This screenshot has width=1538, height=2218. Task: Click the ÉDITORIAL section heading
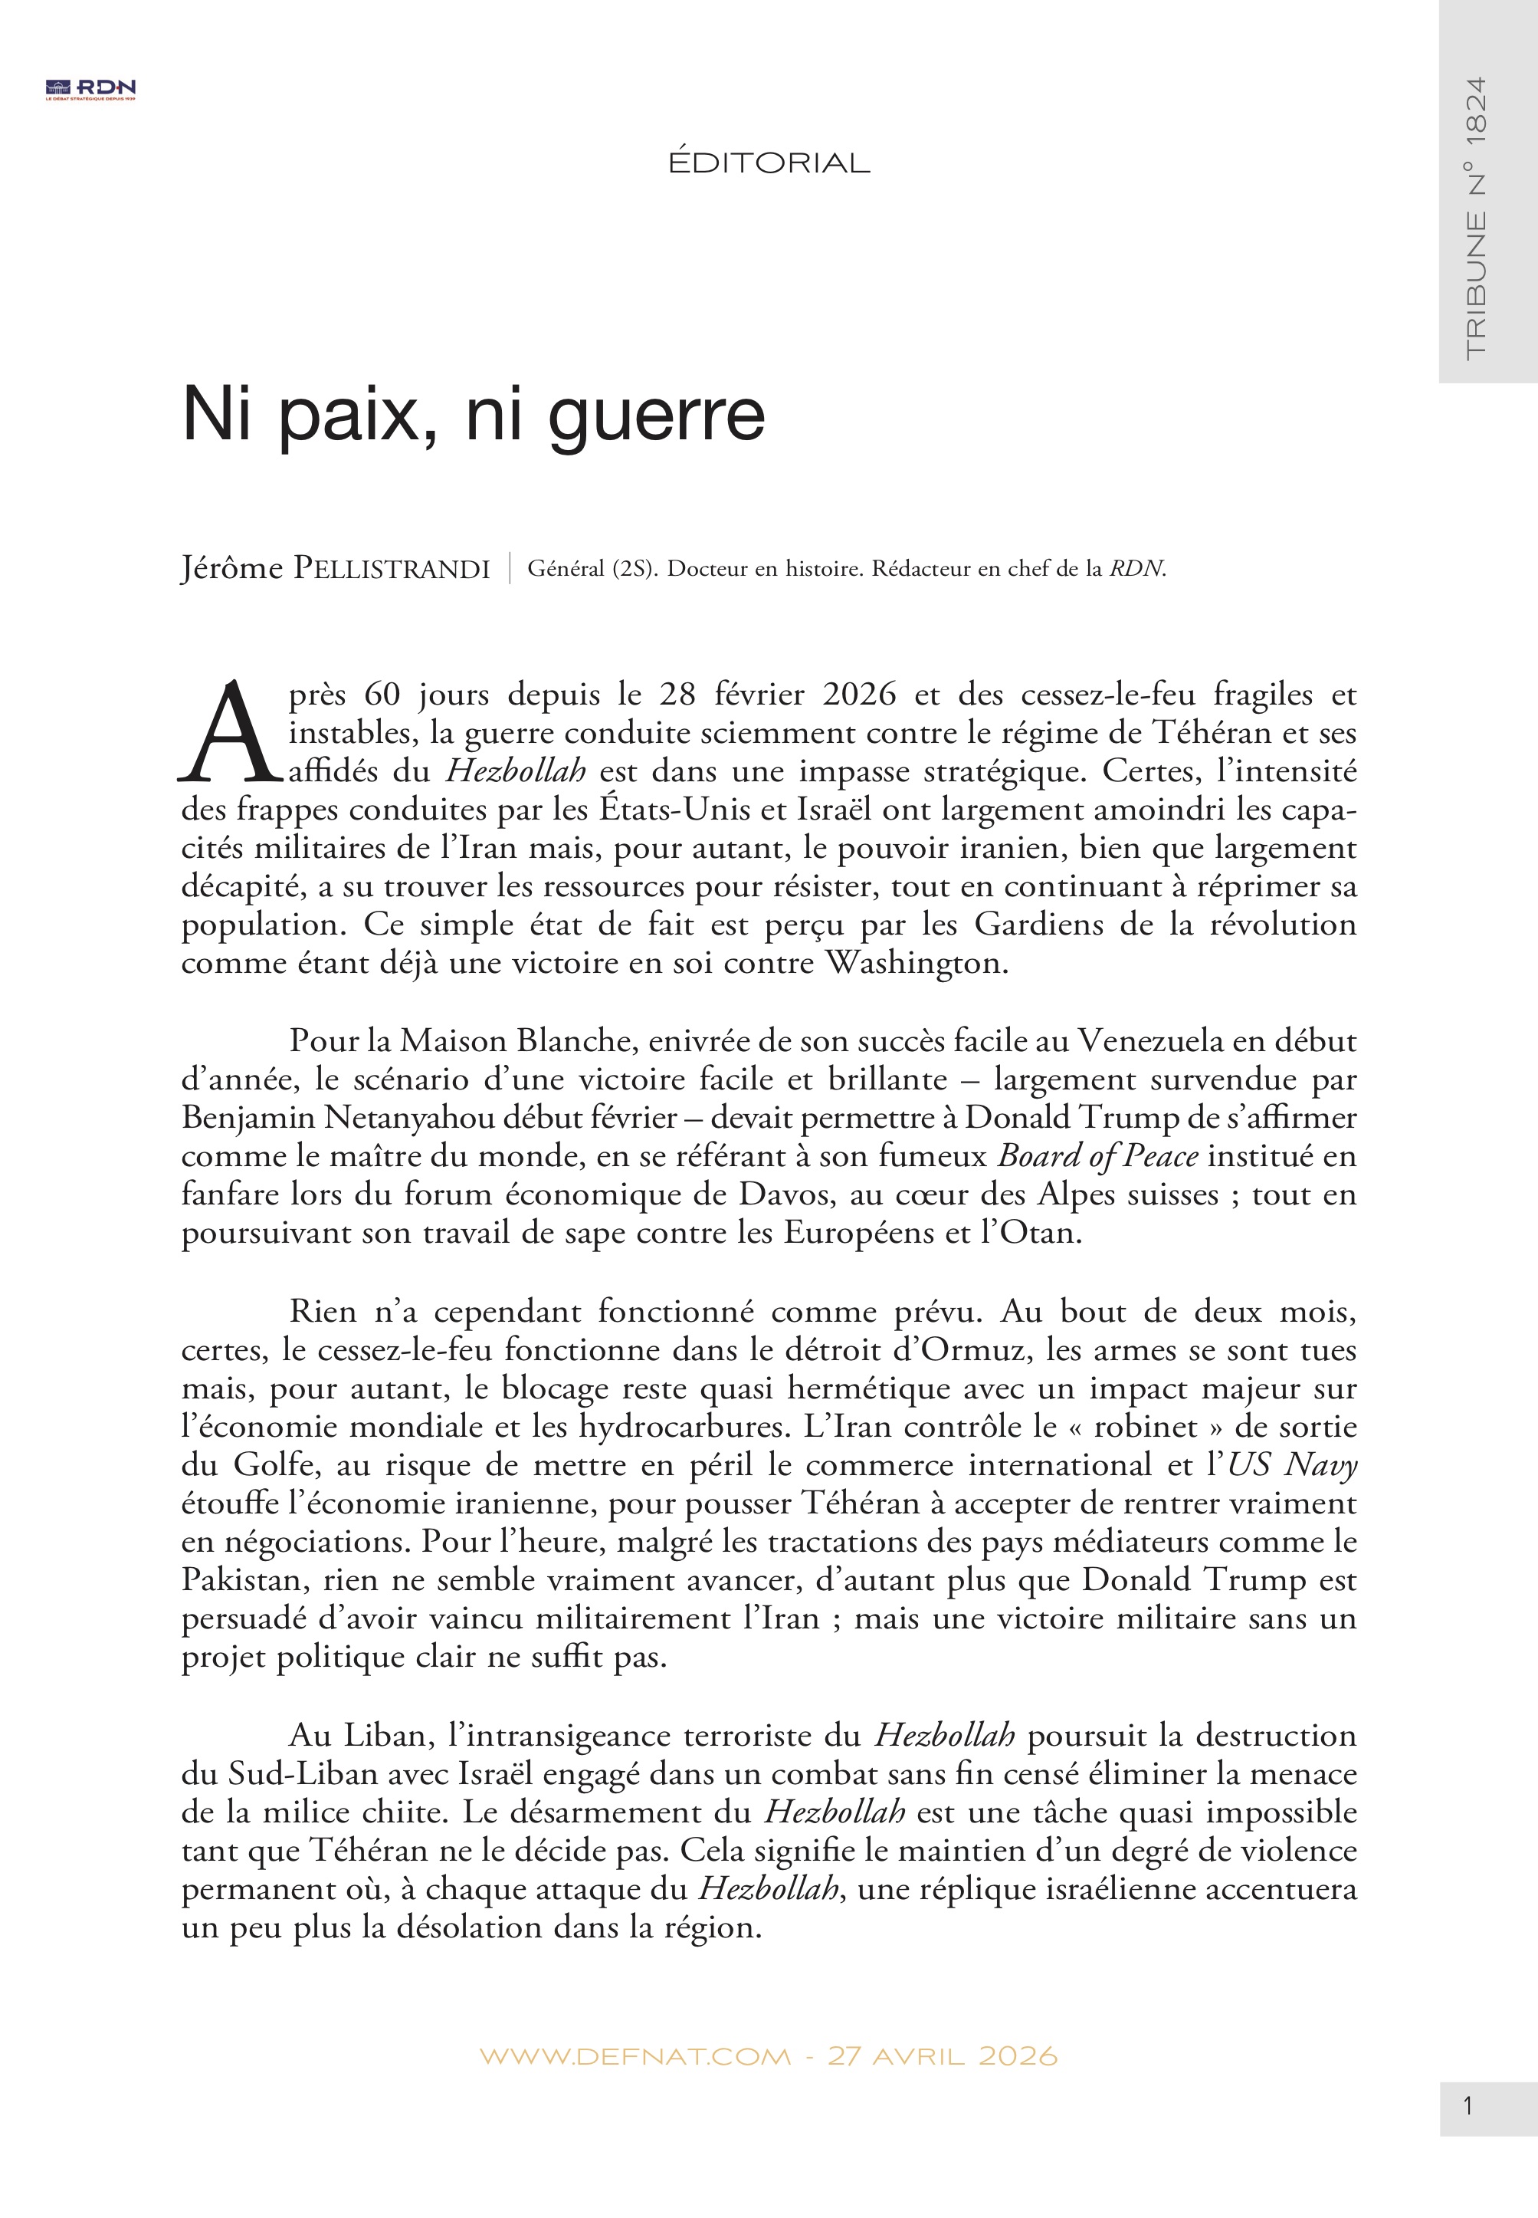(x=769, y=163)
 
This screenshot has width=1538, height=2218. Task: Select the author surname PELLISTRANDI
(x=392, y=570)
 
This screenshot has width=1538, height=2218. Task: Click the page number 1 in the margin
(x=1467, y=2107)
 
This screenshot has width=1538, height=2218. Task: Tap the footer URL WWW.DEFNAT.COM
(x=634, y=2056)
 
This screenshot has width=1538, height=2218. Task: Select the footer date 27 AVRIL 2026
(x=942, y=2056)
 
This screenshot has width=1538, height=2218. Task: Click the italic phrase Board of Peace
(x=1097, y=1155)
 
